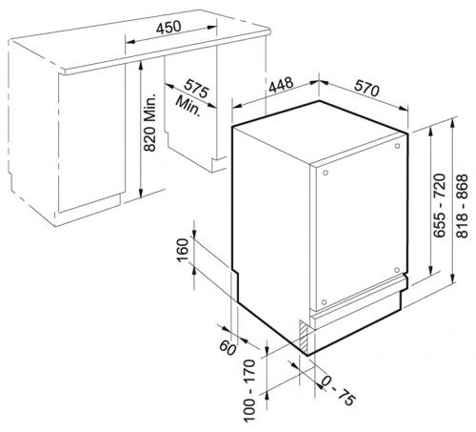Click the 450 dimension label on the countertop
(169, 28)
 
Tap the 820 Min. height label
(149, 122)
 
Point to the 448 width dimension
(281, 85)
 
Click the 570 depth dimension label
(367, 88)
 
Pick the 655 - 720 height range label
(440, 205)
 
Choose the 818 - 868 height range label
(462, 205)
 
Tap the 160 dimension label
(183, 250)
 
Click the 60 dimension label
(228, 347)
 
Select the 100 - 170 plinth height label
(249, 390)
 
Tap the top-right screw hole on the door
(397, 146)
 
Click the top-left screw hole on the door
(326, 173)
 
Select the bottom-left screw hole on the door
(324, 301)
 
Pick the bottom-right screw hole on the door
(397, 270)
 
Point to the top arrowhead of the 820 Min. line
(141, 65)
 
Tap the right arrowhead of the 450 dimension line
(212, 28)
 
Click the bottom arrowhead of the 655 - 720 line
(430, 271)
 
